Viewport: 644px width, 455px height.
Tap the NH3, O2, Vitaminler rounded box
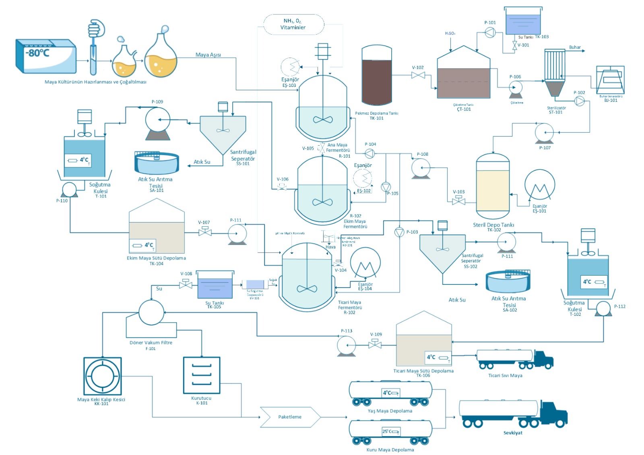coord(293,24)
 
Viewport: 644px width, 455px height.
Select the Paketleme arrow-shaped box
coord(290,417)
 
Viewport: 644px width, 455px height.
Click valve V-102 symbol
coord(418,75)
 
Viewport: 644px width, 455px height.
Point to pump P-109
coord(157,120)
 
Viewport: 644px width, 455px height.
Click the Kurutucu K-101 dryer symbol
coord(202,375)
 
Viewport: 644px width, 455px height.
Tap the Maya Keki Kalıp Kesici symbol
coord(103,376)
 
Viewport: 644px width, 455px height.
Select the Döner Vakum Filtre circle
coord(151,312)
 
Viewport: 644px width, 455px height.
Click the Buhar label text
coord(575,47)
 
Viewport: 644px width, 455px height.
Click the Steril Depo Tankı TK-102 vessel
coord(493,187)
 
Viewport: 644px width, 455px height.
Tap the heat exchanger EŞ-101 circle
coord(540,185)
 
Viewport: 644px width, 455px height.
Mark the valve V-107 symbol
coord(205,232)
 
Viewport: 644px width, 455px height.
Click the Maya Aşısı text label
coord(208,55)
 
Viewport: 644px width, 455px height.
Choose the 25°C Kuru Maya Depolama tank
coord(390,432)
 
